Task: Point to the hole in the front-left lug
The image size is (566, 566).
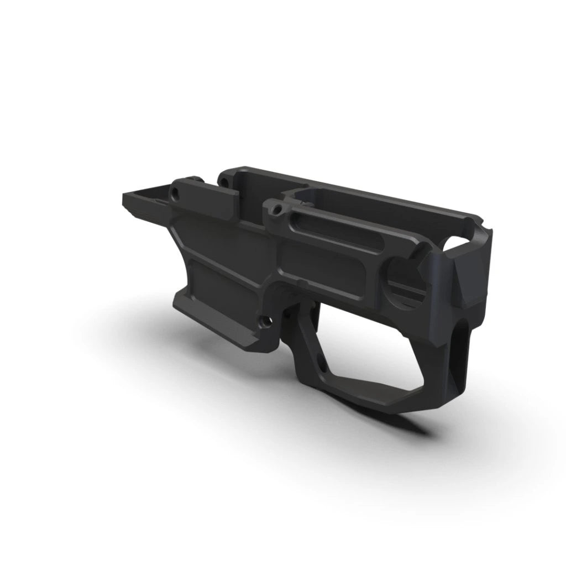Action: [x=176, y=194]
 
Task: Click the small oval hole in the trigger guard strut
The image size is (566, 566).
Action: [x=320, y=362]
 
